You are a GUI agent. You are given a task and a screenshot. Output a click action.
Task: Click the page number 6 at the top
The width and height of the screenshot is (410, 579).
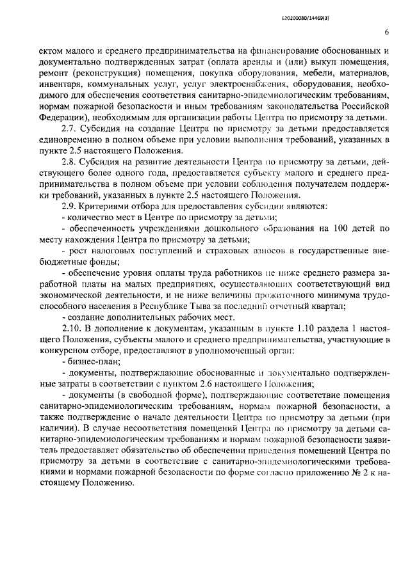coord(388,33)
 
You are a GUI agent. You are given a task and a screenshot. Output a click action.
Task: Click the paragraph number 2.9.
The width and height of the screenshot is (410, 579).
coord(69,207)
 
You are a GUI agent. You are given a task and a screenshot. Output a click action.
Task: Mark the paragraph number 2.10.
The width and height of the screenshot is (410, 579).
coord(70,327)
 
